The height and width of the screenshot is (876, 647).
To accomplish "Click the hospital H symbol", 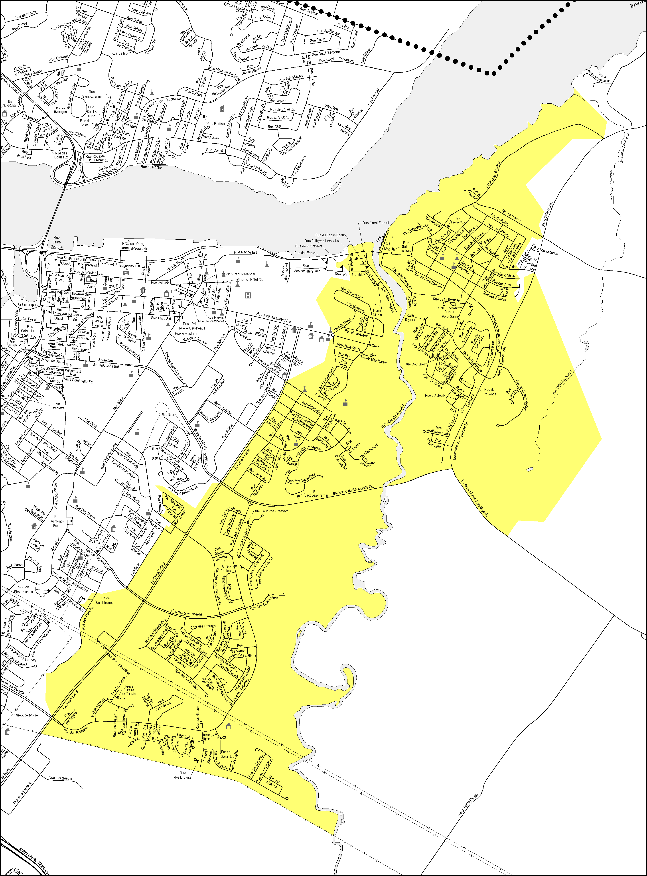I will pyautogui.click(x=248, y=295).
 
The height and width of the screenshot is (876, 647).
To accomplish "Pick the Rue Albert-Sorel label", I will pyautogui.click(x=27, y=715).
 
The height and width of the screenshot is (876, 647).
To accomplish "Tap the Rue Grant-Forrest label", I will pyautogui.click(x=376, y=223).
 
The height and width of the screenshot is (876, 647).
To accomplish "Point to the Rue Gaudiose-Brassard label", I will pyautogui.click(x=271, y=511).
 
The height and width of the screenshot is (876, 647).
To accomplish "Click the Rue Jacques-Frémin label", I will pyautogui.click(x=316, y=493).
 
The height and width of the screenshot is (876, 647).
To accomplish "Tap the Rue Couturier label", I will pyautogui.click(x=415, y=364).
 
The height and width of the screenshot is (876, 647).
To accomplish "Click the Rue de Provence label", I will pyautogui.click(x=489, y=392).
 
